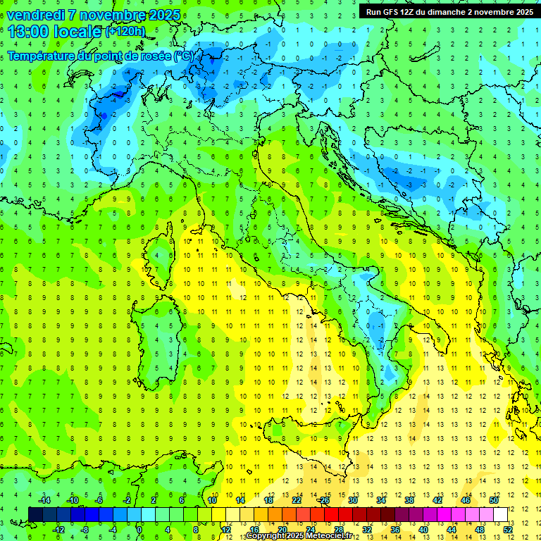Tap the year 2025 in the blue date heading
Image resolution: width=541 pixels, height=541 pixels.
click(x=163, y=15)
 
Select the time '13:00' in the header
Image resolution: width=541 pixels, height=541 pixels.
click(x=31, y=32)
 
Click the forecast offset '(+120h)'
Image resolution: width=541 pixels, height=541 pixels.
click(x=125, y=32)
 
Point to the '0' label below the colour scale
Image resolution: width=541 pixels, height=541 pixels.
click(x=139, y=529)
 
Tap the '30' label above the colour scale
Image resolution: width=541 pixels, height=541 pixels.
click(x=353, y=500)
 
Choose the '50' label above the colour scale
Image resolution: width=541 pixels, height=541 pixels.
click(x=494, y=500)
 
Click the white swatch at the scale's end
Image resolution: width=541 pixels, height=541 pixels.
click(x=500, y=514)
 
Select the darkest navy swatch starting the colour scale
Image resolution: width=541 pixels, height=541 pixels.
click(x=35, y=514)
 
